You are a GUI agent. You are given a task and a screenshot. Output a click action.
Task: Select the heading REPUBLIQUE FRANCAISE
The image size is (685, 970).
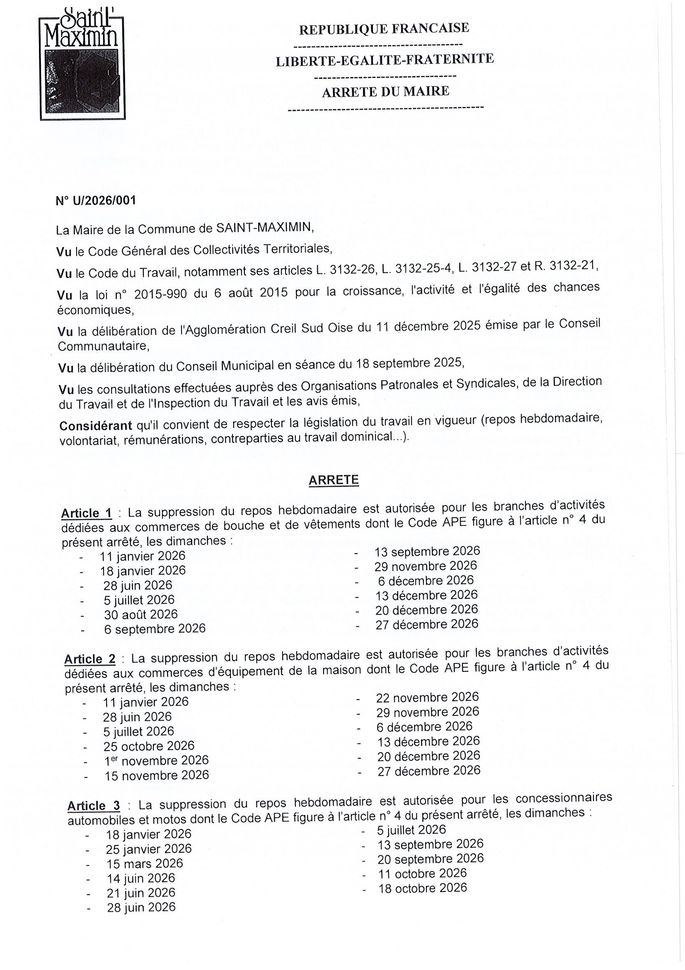click(384, 29)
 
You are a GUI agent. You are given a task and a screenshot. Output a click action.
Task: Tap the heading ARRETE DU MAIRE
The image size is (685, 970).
click(385, 91)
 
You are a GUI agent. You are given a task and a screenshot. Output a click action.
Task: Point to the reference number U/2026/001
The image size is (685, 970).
click(96, 201)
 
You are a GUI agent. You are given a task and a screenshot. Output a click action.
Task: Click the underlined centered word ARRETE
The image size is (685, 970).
click(334, 480)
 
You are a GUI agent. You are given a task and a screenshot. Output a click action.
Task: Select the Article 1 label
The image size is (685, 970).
click(86, 513)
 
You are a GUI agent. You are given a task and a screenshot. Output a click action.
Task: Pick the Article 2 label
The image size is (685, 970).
click(89, 659)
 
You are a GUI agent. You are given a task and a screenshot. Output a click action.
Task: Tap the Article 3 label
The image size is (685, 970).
click(94, 805)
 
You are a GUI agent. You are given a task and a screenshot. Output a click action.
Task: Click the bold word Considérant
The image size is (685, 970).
click(95, 426)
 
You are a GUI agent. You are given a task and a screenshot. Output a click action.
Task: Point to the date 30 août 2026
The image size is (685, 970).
click(140, 614)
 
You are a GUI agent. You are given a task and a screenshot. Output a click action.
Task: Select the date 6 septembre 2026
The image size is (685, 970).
click(155, 629)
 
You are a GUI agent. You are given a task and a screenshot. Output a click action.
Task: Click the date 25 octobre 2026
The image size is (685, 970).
click(149, 746)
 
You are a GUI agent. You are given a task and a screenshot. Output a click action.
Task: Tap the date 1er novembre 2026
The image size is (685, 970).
click(156, 760)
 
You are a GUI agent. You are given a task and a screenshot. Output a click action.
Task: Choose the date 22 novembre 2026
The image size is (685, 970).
click(427, 698)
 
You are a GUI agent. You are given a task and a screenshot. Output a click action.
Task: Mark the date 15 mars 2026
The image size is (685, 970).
click(145, 863)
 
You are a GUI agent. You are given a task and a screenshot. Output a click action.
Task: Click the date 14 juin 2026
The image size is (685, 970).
click(141, 878)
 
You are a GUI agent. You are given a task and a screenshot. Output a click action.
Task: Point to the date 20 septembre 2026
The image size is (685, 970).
click(430, 859)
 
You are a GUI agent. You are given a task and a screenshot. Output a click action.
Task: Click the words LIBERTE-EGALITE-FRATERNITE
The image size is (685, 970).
click(384, 60)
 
